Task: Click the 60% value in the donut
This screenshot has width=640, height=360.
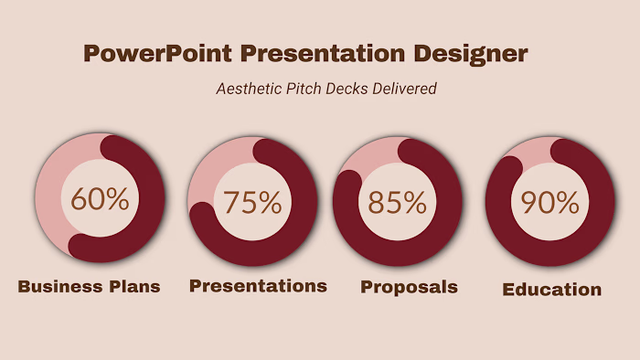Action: click(100, 199)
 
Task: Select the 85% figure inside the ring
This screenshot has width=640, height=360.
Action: click(397, 202)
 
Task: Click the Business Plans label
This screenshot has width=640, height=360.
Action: click(89, 287)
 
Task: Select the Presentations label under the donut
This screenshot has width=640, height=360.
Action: click(258, 286)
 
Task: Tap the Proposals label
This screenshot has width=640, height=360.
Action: click(409, 287)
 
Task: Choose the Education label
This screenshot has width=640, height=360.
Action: click(551, 290)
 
